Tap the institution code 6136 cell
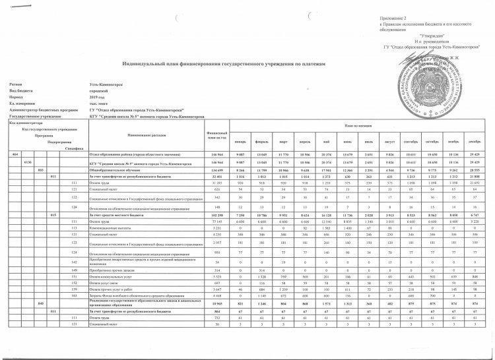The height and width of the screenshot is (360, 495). point(27,162)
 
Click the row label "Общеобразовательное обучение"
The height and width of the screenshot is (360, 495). point(119,169)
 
